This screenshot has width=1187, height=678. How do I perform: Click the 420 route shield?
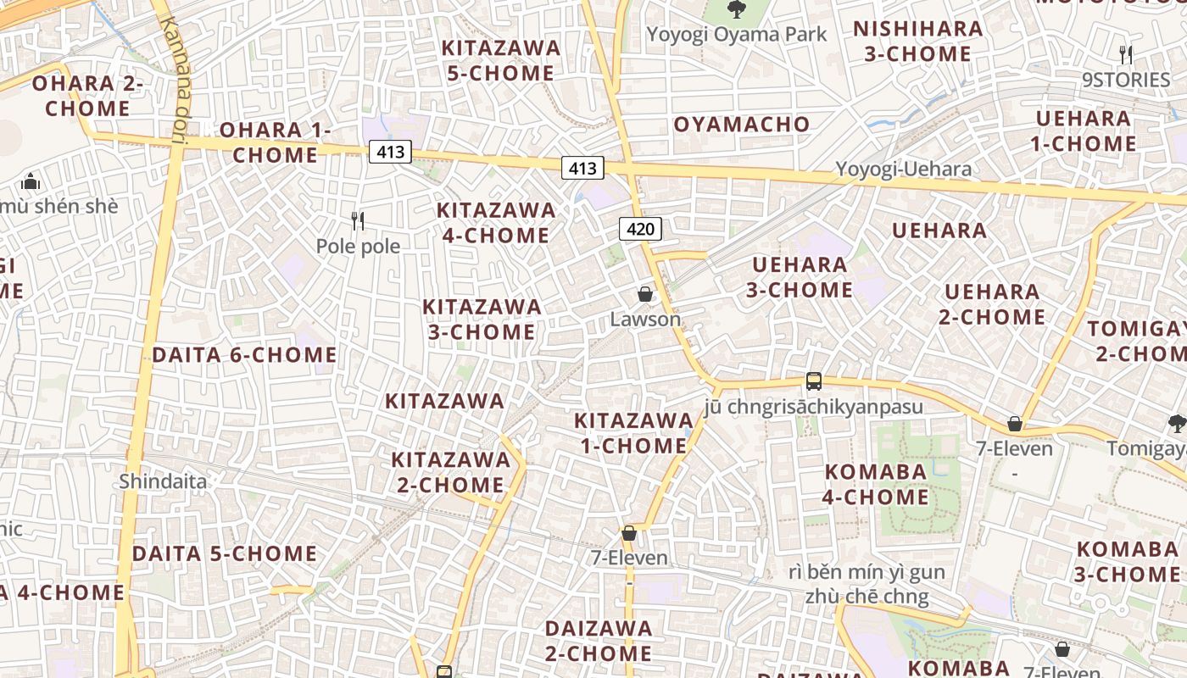[x=640, y=228]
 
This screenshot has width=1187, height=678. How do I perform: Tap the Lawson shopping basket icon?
[x=645, y=294]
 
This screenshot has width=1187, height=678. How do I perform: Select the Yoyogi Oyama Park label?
[x=736, y=35]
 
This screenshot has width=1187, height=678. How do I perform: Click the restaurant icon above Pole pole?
[x=358, y=221]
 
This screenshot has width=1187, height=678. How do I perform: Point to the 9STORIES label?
[x=1125, y=80]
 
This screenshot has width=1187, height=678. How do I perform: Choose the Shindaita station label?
[x=163, y=481]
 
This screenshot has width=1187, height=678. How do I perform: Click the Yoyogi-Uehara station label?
[x=904, y=169]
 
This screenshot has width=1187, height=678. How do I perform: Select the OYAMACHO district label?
[x=742, y=125]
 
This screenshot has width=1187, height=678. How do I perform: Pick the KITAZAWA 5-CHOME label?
[x=501, y=60]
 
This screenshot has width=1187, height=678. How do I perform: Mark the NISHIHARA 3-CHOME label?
[x=917, y=41]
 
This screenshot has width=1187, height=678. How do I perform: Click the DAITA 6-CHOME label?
[x=244, y=354]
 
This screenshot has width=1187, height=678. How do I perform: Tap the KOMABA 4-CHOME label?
[x=876, y=484]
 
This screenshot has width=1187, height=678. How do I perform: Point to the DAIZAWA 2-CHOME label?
[x=599, y=641]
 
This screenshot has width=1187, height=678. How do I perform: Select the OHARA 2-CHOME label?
[x=87, y=96]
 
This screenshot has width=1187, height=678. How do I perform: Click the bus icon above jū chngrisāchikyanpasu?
[x=814, y=381]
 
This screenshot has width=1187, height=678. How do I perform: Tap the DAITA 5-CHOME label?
[x=225, y=553]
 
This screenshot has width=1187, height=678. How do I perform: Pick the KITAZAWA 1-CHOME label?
[x=633, y=432]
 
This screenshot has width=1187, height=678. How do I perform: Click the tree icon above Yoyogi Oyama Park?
[x=736, y=9]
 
